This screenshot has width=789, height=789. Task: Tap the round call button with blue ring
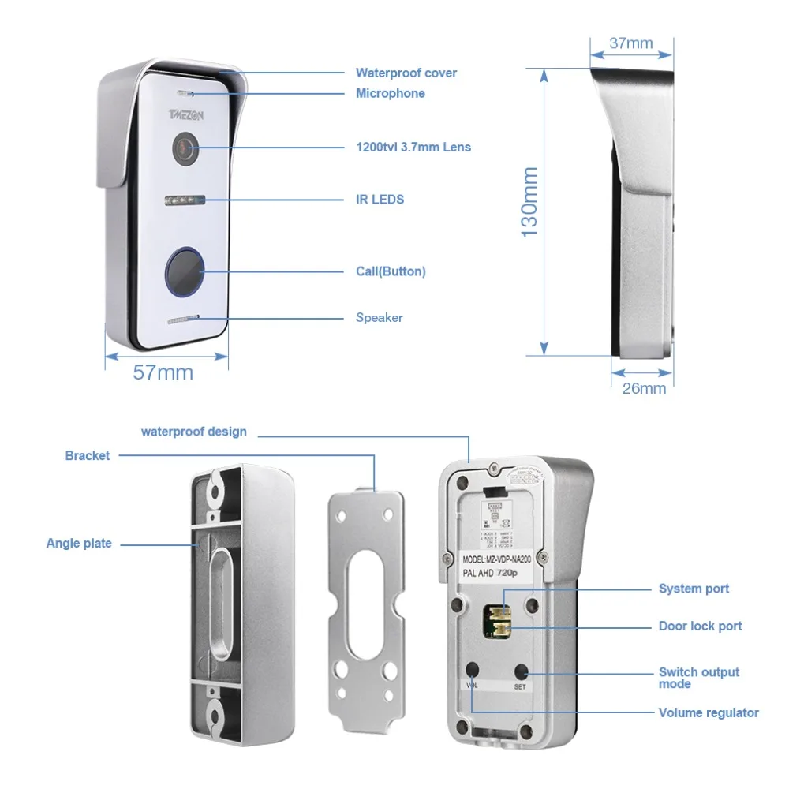click(184, 272)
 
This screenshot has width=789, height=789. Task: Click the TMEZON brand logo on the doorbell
click(185, 114)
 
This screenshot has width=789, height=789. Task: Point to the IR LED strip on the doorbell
click(184, 200)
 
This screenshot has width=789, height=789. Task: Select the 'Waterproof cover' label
click(406, 73)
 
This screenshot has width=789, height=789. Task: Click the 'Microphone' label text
click(390, 94)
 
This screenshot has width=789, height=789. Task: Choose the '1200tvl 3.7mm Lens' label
click(413, 147)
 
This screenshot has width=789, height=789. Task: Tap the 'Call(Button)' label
click(391, 271)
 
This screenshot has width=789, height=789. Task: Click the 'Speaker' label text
click(379, 318)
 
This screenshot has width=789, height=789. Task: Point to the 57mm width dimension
click(163, 373)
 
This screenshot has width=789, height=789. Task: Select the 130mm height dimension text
click(529, 201)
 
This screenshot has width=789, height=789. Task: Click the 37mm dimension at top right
click(631, 43)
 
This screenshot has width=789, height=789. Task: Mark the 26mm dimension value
click(643, 388)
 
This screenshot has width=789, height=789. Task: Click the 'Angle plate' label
click(79, 544)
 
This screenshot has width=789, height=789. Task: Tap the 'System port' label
click(694, 589)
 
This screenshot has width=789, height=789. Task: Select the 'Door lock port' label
click(700, 626)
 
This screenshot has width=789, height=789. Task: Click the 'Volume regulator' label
click(709, 713)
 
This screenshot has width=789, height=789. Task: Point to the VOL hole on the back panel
click(473, 670)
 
